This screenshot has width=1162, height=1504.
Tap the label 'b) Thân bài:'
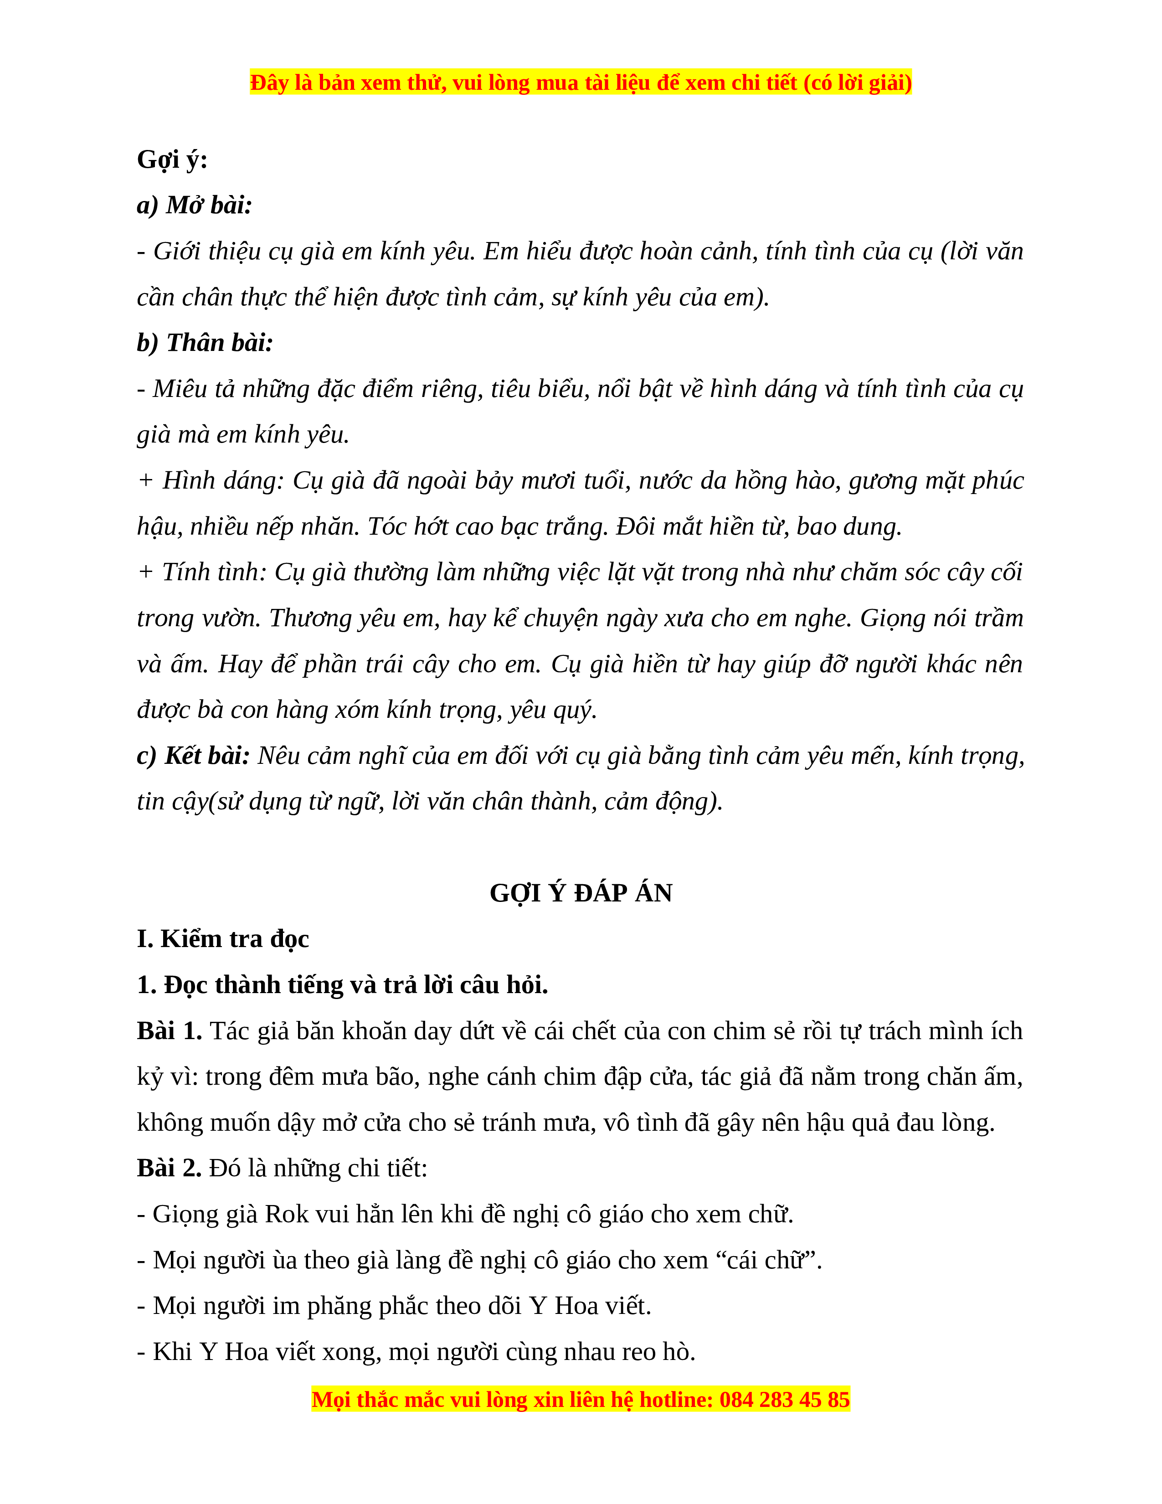(x=205, y=343)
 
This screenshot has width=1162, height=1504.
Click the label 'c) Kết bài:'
(x=193, y=756)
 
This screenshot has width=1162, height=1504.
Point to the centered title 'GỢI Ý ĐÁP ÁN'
(x=580, y=893)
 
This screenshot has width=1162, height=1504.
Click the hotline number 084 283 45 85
(x=784, y=1399)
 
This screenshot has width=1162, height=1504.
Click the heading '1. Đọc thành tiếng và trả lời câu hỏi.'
(x=342, y=985)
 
